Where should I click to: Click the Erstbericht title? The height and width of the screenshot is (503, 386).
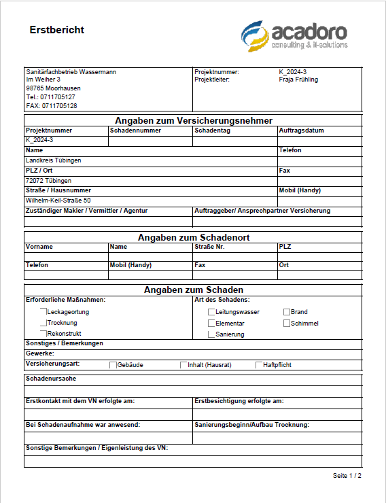(57, 30)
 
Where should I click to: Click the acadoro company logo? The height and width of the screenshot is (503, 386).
(294, 36)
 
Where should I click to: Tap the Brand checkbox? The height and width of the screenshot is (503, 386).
(287, 312)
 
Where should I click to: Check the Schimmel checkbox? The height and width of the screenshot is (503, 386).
(287, 324)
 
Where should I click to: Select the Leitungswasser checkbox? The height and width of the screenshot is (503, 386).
(211, 312)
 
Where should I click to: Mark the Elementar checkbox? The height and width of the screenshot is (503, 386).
(211, 324)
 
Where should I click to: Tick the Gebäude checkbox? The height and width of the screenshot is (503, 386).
(113, 365)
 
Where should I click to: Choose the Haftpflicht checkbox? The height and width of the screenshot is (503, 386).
(260, 365)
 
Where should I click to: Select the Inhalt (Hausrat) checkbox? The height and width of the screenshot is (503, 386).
(183, 365)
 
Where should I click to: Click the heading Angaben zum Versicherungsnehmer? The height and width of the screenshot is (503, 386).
(193, 121)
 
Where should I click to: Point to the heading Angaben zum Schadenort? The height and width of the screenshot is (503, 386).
(193, 237)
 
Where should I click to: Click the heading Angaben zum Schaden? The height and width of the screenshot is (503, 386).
(193, 290)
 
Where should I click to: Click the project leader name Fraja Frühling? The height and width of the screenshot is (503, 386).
(298, 80)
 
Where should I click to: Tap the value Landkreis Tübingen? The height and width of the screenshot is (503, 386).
(53, 160)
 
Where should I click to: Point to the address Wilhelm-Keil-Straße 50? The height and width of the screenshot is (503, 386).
(58, 201)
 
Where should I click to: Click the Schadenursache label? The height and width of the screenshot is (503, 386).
(50, 378)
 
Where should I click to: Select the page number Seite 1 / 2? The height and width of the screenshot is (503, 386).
(347, 475)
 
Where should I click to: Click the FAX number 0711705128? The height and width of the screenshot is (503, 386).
(51, 106)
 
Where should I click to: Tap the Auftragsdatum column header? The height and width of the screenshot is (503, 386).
(300, 131)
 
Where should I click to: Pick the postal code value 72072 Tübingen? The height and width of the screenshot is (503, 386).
(48, 181)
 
